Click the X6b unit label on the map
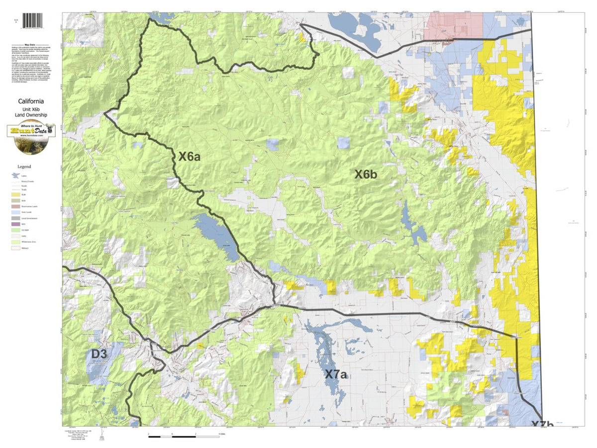(366, 174)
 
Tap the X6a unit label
(190, 157)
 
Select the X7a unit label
(336, 374)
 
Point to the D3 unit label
(99, 354)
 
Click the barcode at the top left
(32, 21)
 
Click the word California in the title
(31, 101)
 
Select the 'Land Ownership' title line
(31, 115)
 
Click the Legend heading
(24, 166)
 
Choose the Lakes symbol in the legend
(15, 176)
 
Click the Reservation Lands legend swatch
(15, 206)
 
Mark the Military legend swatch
(15, 247)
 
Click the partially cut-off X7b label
(541, 425)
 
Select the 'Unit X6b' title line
(31, 108)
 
